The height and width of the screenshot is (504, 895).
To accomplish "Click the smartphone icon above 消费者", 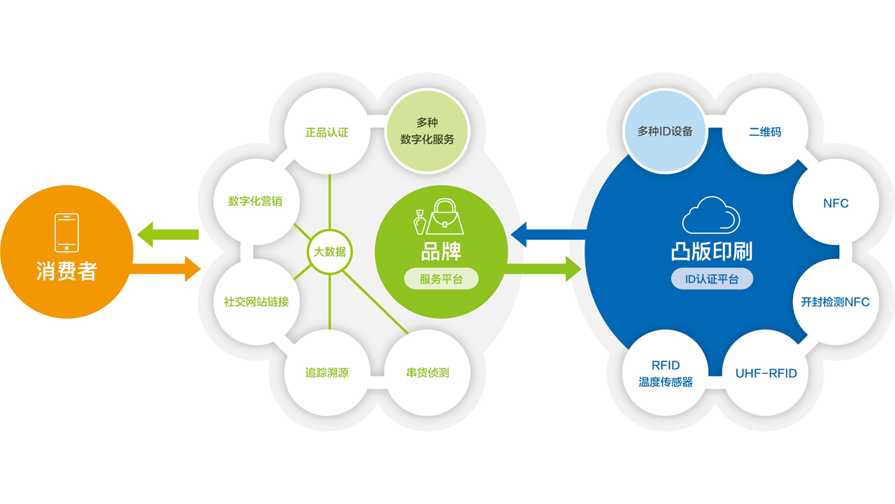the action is point(66,233).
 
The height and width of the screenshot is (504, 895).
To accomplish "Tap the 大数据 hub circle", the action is point(329,251).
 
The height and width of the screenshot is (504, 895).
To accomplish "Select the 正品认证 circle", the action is point(327,132).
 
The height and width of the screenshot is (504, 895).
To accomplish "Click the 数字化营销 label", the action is point(255,201).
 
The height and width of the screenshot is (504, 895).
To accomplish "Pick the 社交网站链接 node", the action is point(257,302).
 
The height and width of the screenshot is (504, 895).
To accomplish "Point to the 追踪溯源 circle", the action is point(327,373).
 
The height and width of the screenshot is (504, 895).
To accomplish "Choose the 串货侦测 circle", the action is point(427,373).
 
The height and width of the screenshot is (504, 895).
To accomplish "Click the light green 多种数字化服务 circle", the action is point(427,131).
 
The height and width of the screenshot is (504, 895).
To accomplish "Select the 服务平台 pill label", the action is point(441,279).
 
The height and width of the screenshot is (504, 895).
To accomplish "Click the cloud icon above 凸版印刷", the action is point(711,215).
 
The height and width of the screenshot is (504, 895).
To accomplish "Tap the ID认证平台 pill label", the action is point(712,279).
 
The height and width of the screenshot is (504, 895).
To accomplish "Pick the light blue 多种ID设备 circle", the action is point(665,131).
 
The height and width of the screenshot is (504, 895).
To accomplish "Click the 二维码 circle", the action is point(765,132).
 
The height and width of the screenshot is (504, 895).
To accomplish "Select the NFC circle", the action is point(836,203).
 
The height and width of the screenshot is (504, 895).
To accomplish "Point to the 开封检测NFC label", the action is point(836,302).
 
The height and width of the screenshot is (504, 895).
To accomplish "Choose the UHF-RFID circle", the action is point(766,373).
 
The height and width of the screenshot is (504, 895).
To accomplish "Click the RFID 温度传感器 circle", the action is point(665,373).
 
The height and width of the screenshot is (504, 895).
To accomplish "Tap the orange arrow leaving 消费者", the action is point(166,269).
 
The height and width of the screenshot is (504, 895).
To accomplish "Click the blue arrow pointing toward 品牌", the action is point(549,234).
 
